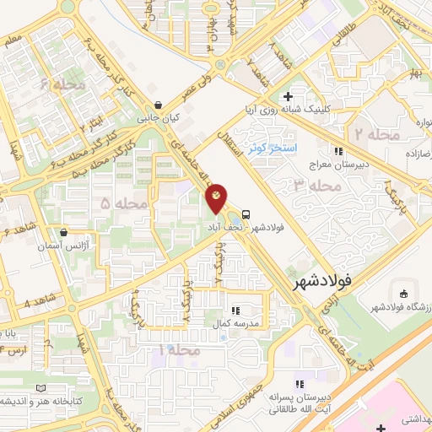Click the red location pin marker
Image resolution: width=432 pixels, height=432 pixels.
pyautogui.click(x=217, y=197)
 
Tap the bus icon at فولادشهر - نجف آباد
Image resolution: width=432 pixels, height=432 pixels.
pyautogui.click(x=246, y=213)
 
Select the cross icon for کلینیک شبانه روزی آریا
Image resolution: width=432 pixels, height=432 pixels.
pyautogui.click(x=289, y=96)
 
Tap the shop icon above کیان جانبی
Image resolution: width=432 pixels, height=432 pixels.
pyautogui.click(x=157, y=105)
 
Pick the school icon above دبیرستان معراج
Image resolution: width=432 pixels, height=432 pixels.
pyautogui.click(x=338, y=152)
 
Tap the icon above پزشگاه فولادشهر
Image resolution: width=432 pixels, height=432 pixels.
pyautogui.click(x=404, y=294)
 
